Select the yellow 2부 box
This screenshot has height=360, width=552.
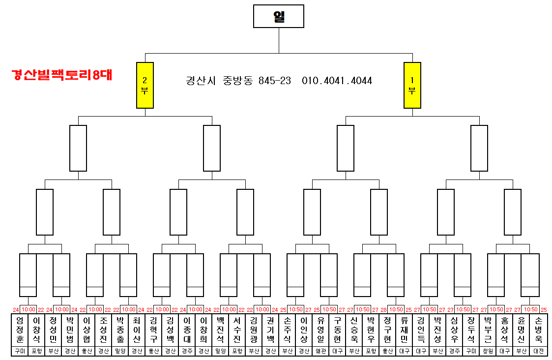(x=145, y=85)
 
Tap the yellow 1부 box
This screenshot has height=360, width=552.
(x=412, y=85)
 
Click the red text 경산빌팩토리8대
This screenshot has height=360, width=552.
(x=62, y=75)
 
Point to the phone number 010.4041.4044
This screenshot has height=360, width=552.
(x=337, y=81)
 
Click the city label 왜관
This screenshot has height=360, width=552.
(x=320, y=352)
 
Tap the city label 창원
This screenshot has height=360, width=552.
(x=488, y=352)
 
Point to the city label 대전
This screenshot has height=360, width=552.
(x=539, y=352)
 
